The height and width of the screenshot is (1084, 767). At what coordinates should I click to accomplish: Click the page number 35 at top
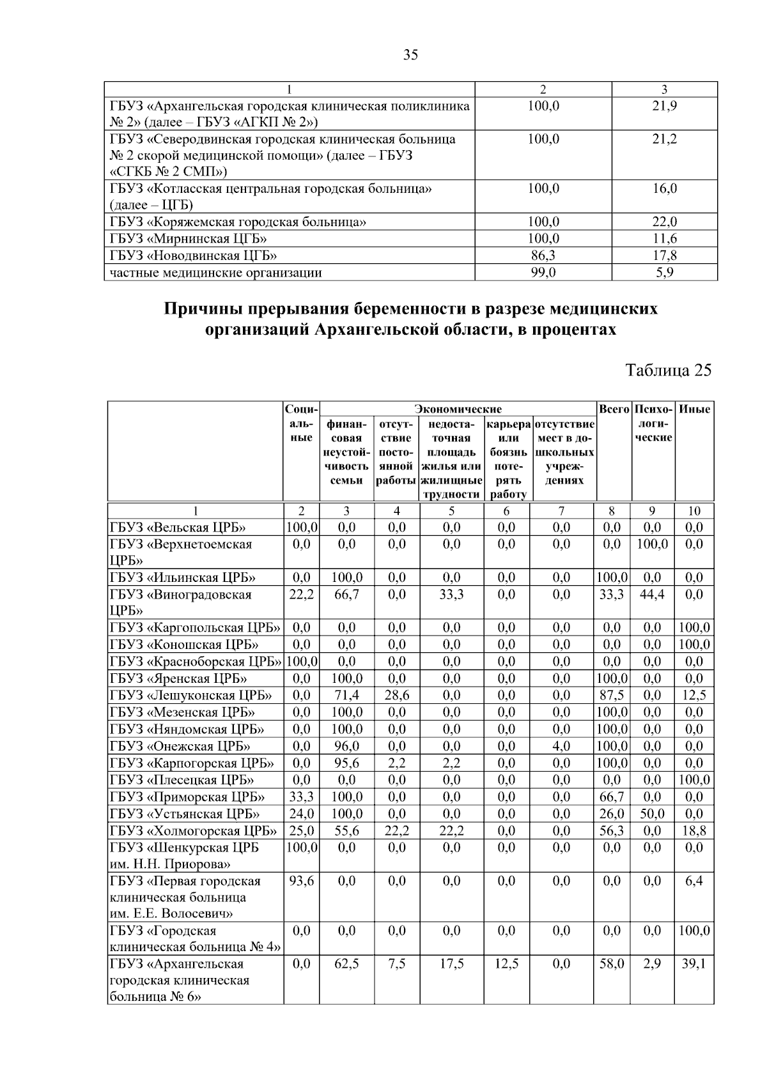410,55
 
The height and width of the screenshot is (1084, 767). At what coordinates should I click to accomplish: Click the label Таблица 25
668,370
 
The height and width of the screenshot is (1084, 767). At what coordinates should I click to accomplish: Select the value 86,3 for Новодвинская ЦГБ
543,256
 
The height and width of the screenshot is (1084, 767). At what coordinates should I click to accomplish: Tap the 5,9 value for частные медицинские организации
664,273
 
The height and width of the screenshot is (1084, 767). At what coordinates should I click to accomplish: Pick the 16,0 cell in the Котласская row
664,188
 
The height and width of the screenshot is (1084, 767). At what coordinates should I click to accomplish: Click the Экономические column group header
458,409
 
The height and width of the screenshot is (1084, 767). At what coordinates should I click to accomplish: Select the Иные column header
694,409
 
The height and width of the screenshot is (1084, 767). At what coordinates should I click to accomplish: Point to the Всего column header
613,409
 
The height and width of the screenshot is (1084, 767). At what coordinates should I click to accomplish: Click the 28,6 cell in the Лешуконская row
396,695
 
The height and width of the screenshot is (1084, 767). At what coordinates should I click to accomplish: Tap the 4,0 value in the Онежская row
561,746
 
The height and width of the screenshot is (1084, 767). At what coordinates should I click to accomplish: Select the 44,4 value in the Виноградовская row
652,594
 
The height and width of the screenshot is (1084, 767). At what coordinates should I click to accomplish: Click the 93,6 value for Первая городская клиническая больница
301,881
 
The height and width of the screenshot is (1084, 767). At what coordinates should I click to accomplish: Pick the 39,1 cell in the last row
694,964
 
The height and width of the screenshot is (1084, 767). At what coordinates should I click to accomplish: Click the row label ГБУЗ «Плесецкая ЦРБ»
182,780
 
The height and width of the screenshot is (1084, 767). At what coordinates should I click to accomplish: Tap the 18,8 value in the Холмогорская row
694,830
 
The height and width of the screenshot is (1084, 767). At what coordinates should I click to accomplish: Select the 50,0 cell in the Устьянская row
652,814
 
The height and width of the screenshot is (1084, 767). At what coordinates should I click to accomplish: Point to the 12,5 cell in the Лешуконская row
694,695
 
